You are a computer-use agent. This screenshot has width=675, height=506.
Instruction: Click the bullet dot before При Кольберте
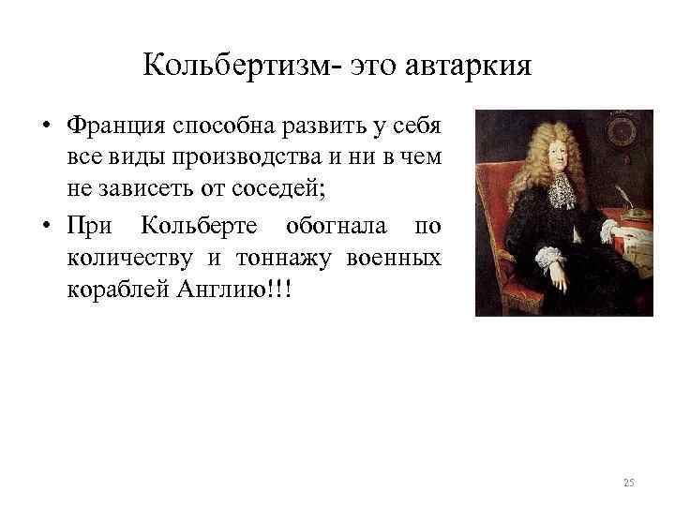[46, 227]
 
